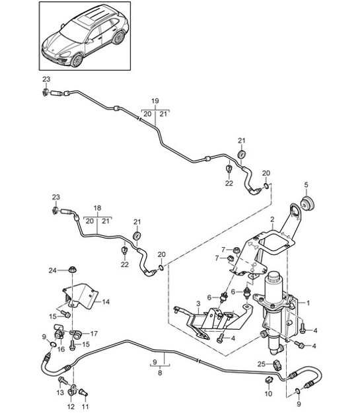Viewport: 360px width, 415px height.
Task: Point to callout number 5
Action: [x=306, y=184]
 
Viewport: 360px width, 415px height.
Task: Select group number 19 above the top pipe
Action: [x=155, y=100]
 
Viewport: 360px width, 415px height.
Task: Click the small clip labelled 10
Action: [x=269, y=381]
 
